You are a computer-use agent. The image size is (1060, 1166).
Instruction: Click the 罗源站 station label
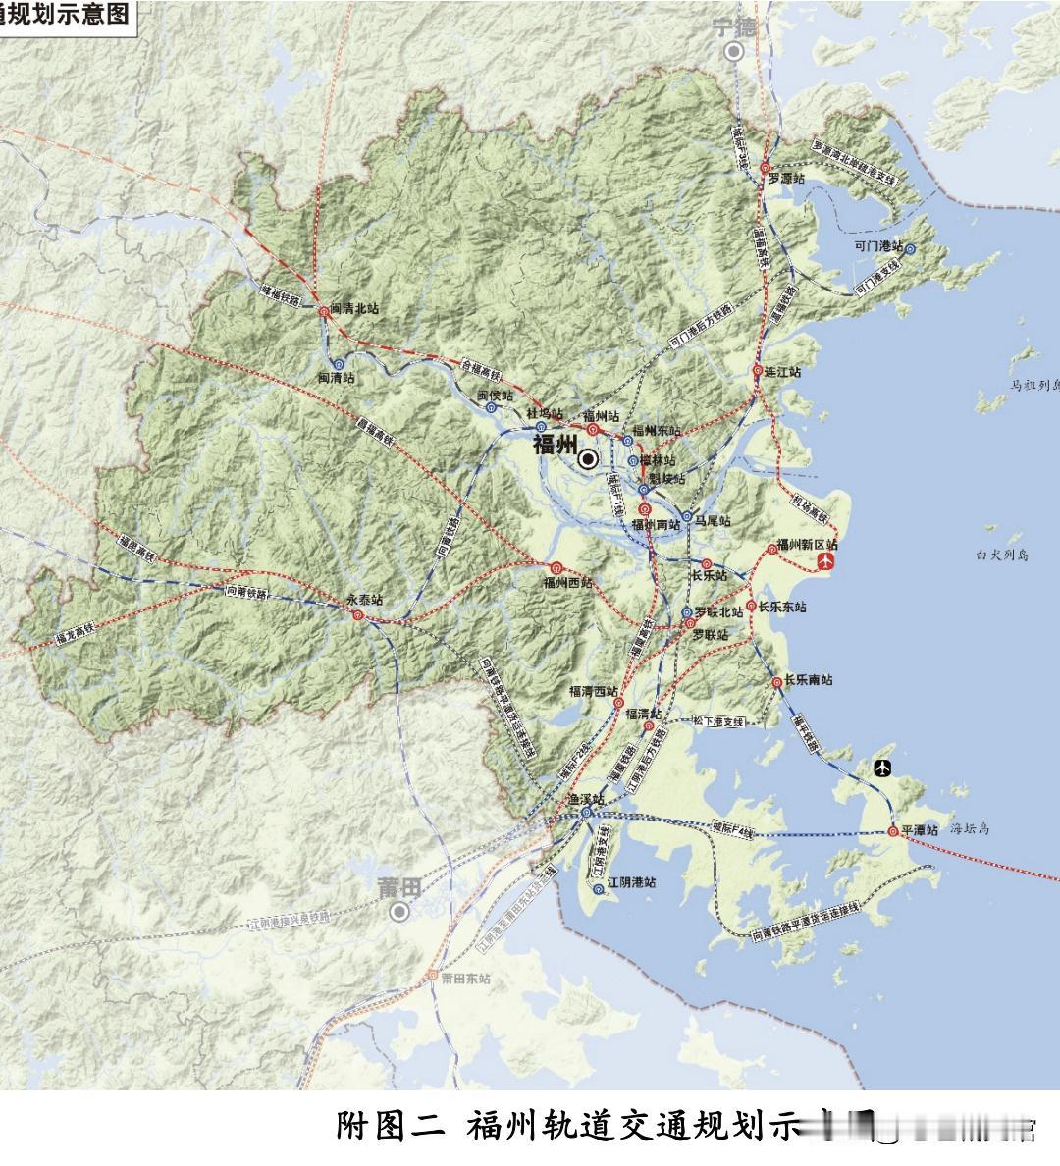click(786, 180)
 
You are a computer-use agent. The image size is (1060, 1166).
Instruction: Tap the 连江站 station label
click(783, 373)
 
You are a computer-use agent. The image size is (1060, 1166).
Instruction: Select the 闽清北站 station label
click(354, 308)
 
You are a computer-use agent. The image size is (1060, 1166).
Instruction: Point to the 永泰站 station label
click(363, 599)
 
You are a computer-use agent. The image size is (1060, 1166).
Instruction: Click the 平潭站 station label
click(921, 831)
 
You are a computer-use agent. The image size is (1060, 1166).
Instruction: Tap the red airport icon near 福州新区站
click(826, 561)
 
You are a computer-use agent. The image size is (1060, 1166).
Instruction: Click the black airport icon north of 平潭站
click(883, 768)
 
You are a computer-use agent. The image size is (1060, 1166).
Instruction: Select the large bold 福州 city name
click(555, 446)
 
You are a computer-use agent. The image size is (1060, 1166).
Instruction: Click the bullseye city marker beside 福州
click(589, 458)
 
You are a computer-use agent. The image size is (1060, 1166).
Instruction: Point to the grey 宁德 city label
click(734, 26)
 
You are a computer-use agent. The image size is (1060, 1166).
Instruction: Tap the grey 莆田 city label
click(399, 887)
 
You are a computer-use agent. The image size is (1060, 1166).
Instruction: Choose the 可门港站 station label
click(877, 246)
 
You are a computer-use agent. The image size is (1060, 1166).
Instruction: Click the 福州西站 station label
click(567, 582)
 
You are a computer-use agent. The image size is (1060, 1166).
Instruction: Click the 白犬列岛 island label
click(1000, 556)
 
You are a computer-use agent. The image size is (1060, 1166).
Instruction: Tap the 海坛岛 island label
click(970, 829)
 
